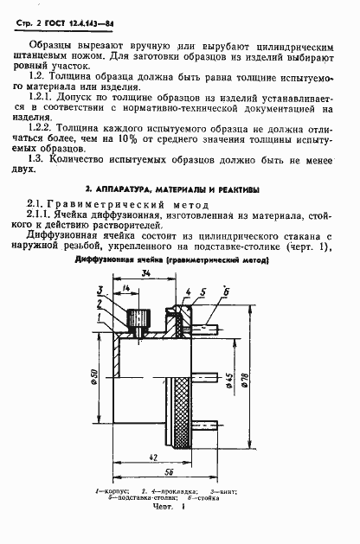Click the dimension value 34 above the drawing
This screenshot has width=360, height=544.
pyautogui.click(x=147, y=298)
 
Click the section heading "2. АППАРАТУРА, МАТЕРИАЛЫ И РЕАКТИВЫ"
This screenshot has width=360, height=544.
pyautogui.click(x=179, y=189)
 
